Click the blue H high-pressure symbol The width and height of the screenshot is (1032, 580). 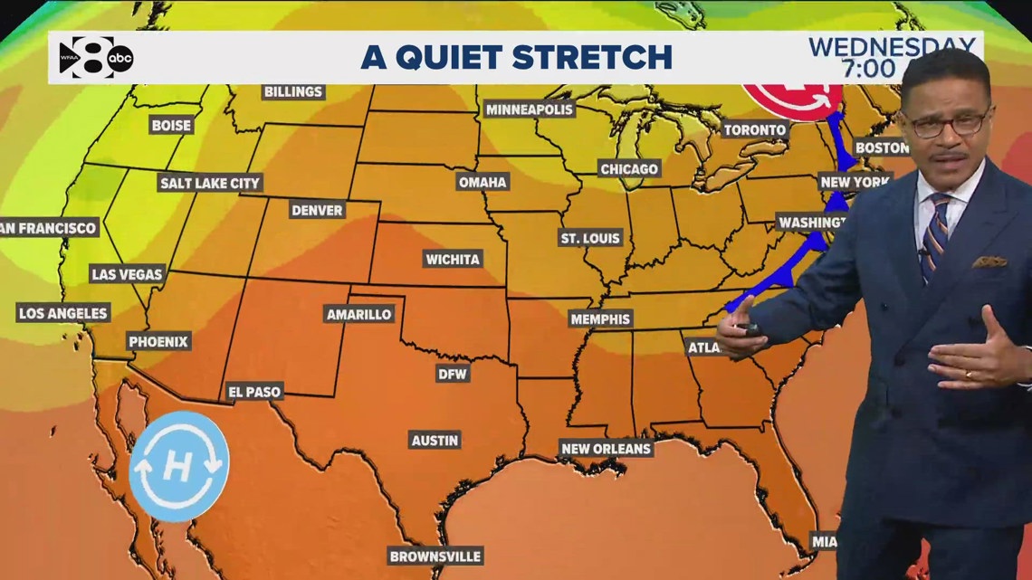coord(178,466)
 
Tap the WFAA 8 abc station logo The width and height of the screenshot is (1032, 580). coord(96,58)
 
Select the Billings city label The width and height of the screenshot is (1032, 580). coord(293,91)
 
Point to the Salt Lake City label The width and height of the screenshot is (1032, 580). coord(210,183)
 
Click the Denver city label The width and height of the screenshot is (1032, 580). coord(317,210)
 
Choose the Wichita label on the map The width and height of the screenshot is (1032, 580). coord(453,260)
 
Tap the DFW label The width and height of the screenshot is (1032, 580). coord(453,373)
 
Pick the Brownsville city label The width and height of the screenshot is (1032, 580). coord(435,556)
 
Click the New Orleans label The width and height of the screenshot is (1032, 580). coord(607,448)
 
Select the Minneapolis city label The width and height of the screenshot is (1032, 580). coord(530,109)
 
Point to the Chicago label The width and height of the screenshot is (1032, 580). coord(629,169)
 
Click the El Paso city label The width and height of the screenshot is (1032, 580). coord(254,392)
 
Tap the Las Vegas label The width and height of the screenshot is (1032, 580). coord(127,273)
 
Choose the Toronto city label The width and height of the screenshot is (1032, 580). coord(755,130)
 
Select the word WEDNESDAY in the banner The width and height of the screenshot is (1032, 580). coord(892,46)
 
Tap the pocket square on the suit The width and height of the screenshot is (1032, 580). coord(989,261)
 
